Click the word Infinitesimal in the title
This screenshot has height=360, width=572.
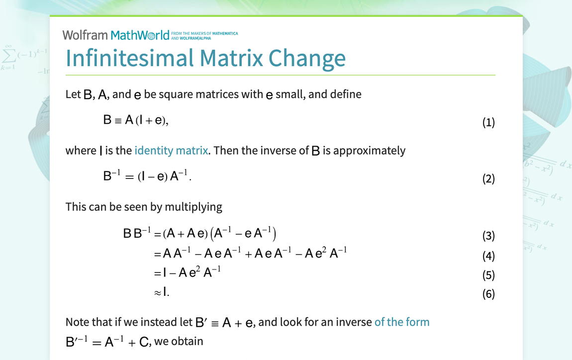click(x=129, y=58)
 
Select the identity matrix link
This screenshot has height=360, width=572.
click(x=171, y=150)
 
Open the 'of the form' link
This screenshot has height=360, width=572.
click(x=402, y=322)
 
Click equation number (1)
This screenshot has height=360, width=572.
click(x=488, y=122)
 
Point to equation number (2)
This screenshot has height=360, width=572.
click(x=488, y=179)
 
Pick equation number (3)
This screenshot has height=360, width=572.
click(x=488, y=236)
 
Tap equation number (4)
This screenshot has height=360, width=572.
click(x=488, y=256)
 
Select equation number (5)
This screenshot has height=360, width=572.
click(x=488, y=275)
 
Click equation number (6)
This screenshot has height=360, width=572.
click(x=488, y=294)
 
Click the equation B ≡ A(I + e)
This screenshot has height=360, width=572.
click(x=136, y=120)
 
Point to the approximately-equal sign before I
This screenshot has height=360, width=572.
click(x=158, y=293)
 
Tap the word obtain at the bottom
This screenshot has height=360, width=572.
click(x=188, y=342)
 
